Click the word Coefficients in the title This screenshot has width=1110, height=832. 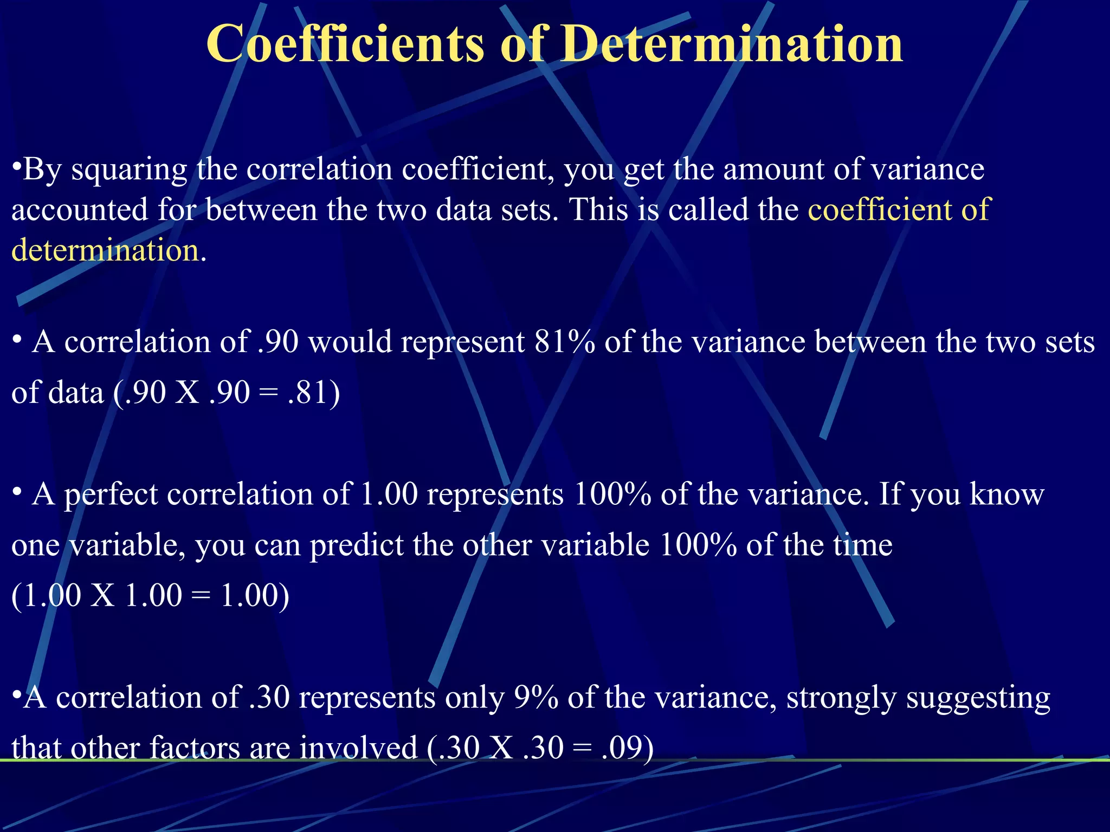pyautogui.click(x=345, y=44)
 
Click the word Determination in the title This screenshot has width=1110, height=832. pyautogui.click(x=731, y=44)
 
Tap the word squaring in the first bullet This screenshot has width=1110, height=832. pyautogui.click(x=130, y=170)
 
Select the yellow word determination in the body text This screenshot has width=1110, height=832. pyautogui.click(x=105, y=251)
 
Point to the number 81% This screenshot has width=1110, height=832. pyautogui.click(x=564, y=342)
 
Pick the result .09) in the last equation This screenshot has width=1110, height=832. pyautogui.click(x=627, y=748)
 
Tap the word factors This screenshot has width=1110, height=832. pyautogui.click(x=195, y=748)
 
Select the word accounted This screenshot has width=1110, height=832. pyautogui.click(x=80, y=210)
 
